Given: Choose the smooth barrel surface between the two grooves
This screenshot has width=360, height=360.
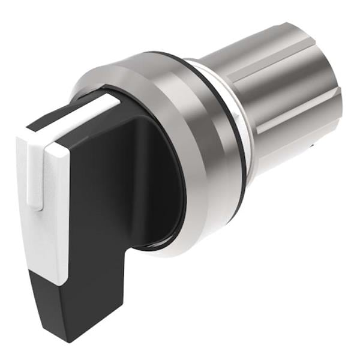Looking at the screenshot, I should tap(282, 90).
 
